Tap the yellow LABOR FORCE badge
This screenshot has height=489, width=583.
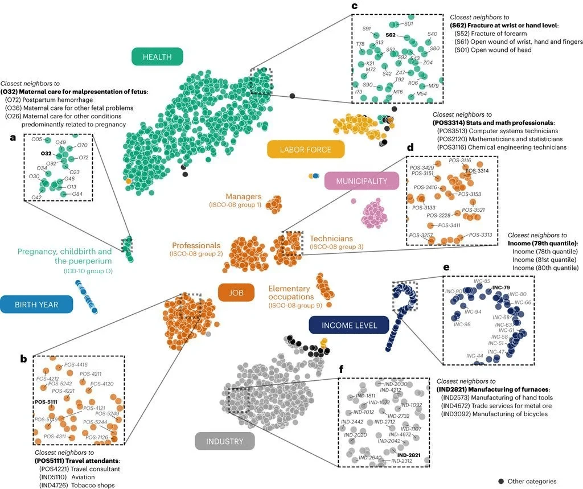[306, 150]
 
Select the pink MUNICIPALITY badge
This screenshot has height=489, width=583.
[361, 181]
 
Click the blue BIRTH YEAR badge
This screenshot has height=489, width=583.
[37, 305]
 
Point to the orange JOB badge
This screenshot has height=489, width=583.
[232, 293]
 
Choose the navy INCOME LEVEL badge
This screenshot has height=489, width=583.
[348, 325]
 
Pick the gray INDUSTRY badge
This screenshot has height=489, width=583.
[224, 441]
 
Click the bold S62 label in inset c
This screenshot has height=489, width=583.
[391, 35]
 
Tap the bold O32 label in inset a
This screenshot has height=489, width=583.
[47, 154]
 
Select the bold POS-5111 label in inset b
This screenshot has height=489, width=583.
[47, 401]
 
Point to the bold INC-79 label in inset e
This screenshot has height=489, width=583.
[500, 287]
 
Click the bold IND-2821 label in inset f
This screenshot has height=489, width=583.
[409, 455]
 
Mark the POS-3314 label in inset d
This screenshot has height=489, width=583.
[477, 171]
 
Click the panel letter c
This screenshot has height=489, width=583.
[354, 6]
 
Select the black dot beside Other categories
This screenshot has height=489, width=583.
[502, 482]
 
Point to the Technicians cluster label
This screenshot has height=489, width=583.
[331, 239]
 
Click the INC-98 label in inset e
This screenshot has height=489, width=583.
[462, 324]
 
